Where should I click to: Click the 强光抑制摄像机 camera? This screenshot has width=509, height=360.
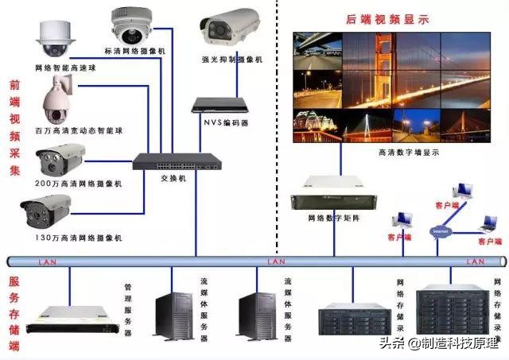[x=231, y=28]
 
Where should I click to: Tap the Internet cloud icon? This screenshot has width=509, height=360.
[x=440, y=230]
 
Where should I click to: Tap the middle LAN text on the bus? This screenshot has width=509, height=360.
[x=276, y=261]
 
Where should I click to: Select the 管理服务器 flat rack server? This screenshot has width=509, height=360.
[x=68, y=315]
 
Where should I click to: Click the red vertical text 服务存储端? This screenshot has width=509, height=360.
[x=14, y=314]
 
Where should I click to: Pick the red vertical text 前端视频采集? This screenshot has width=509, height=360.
[x=14, y=127]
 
